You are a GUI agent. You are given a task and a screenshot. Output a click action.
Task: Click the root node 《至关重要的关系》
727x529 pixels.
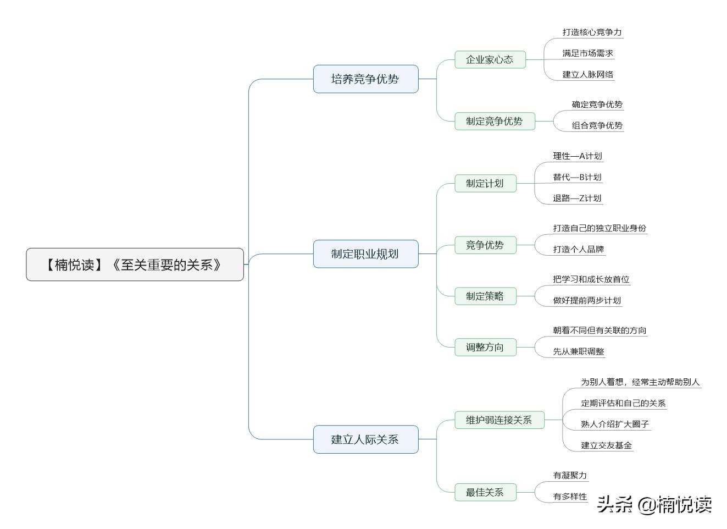pos(135,264)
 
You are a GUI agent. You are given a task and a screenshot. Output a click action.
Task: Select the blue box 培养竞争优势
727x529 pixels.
pos(365,79)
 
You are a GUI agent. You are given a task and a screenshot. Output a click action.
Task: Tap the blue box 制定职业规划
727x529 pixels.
pos(365,254)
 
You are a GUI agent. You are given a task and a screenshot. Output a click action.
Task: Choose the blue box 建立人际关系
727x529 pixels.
pos(365,439)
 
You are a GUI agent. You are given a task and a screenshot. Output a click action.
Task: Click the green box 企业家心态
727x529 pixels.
pos(490,59)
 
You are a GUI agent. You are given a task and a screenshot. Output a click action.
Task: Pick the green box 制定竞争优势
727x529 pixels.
pos(494,121)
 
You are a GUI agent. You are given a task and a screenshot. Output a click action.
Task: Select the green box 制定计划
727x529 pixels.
pos(485,183)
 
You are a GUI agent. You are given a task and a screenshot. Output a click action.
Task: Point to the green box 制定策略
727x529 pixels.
pos(485,296)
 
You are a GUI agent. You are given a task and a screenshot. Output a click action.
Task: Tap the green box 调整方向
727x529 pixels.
pos(485,347)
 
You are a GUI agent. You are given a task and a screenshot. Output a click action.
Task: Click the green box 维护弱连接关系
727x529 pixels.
pos(499,420)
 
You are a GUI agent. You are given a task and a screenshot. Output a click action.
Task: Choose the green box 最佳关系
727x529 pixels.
pos(485,492)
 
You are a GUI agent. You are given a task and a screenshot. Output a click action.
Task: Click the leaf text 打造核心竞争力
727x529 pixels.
pos(592,32)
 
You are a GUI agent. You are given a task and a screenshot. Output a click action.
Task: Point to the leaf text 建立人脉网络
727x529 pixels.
pos(587,74)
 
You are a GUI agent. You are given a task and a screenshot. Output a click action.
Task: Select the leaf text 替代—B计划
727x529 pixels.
pos(577,177)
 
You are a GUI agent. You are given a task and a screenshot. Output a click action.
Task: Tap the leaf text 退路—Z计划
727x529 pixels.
pos(577,198)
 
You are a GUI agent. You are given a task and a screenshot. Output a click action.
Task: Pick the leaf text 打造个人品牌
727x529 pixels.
pos(578,249)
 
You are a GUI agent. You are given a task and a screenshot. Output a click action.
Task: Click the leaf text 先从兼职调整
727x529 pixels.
pos(578,351)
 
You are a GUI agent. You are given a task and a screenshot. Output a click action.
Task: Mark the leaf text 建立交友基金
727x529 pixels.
pos(606,445)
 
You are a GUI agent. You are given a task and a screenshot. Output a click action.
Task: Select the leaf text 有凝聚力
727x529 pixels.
pos(570,475)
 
